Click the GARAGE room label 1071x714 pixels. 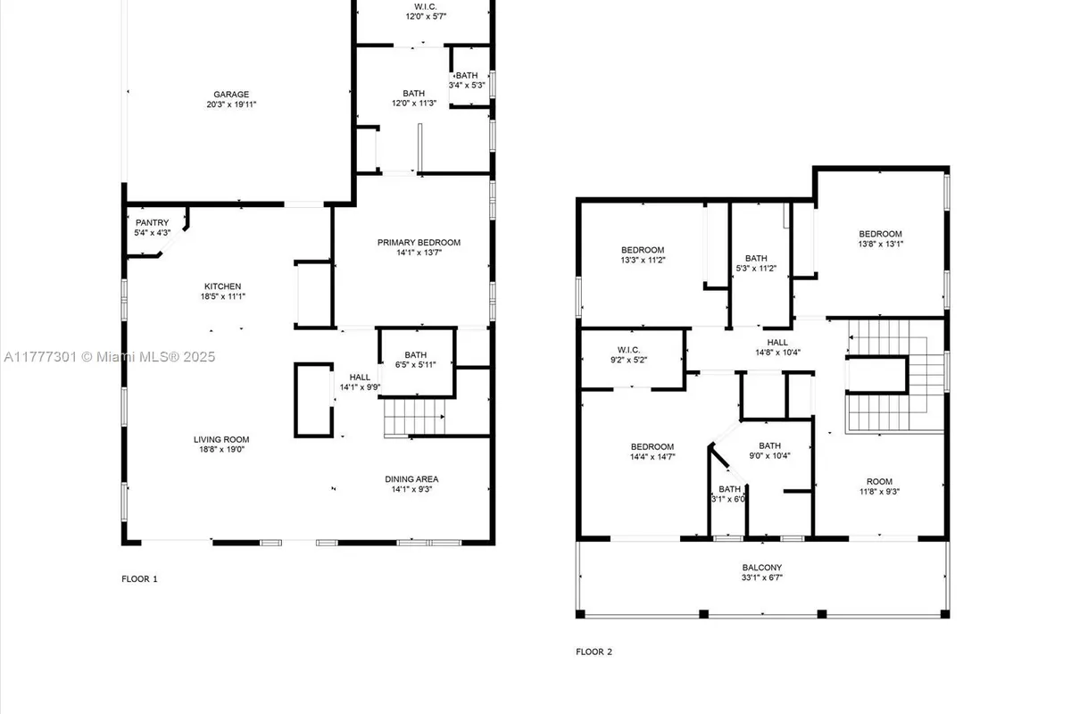[x=230, y=94]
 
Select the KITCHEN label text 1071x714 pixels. [x=221, y=286]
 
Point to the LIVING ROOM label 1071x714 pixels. [x=221, y=439]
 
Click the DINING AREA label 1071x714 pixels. [x=411, y=479]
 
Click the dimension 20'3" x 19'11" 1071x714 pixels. [x=230, y=104]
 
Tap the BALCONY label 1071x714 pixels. [x=761, y=568]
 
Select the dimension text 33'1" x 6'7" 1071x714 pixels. [x=761, y=577]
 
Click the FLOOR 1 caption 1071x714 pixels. [x=139, y=579]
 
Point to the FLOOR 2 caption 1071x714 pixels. [x=594, y=652]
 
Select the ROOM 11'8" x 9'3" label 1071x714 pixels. [x=879, y=485]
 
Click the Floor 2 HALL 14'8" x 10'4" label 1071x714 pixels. [x=777, y=346]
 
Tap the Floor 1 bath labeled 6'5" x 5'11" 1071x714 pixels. [x=415, y=360]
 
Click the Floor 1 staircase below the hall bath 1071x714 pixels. [x=413, y=418]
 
